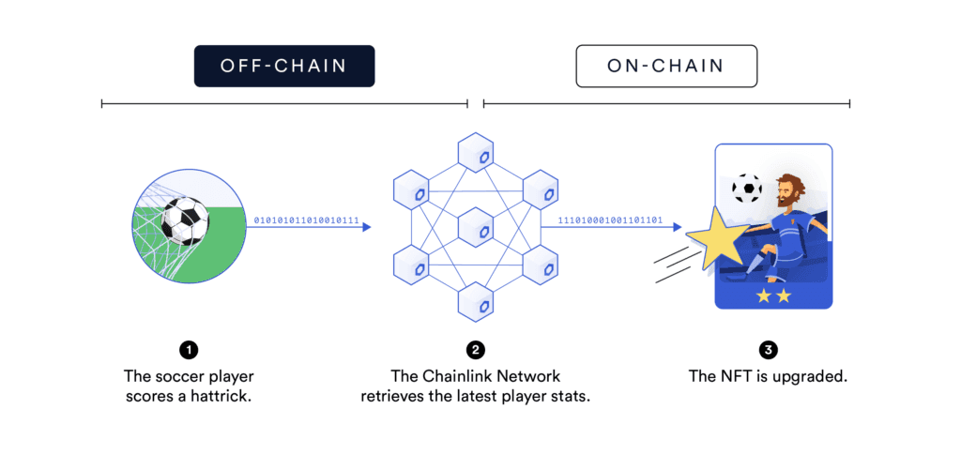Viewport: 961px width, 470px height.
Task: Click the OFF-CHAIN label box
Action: coord(284,66)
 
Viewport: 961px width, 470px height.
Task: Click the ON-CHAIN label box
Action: coord(665,66)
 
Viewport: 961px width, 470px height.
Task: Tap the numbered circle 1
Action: coord(189,351)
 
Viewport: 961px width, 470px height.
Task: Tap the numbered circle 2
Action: coord(476,351)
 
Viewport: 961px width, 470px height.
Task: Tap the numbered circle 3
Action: coord(769,351)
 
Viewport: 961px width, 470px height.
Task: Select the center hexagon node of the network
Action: coord(477,228)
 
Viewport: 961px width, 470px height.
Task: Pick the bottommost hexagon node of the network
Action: coord(477,302)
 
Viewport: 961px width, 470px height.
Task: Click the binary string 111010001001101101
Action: coord(612,220)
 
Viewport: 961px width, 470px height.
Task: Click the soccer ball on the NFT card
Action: coord(747,188)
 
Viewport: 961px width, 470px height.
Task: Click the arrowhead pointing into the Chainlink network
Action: coord(366,227)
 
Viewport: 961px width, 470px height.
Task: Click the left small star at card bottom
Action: coord(762,296)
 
